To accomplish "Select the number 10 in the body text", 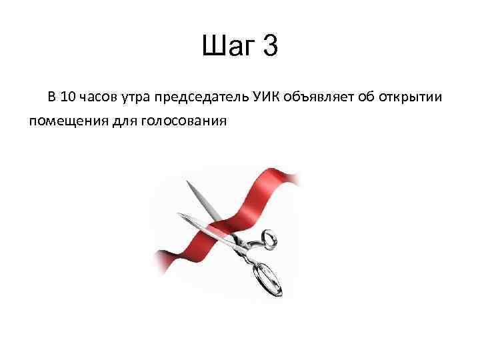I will click(67, 97).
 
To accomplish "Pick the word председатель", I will click(202, 98).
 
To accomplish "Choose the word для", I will click(118, 121).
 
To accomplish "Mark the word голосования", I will click(183, 121).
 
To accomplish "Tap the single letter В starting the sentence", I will click(51, 97).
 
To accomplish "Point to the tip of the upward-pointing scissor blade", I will click(189, 182).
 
